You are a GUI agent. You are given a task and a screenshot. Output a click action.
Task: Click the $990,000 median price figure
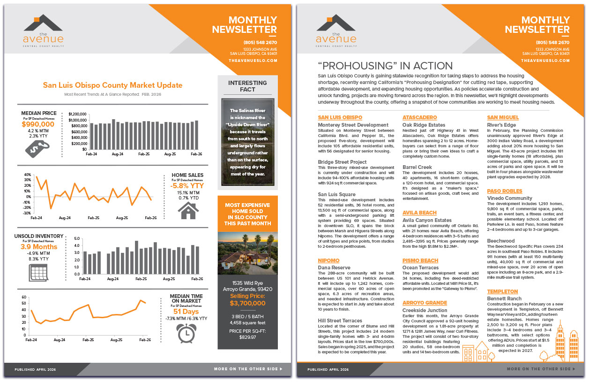pyautogui.click(x=38, y=124)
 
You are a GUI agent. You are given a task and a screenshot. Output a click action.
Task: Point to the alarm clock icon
pyautogui.click(x=186, y=333)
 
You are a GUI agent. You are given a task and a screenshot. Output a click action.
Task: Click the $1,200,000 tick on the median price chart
pyautogui.click(x=77, y=114)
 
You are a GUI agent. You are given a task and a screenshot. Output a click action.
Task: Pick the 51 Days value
pyautogui.click(x=186, y=312)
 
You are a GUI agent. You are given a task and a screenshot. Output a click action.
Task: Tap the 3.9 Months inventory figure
pyautogui.click(x=38, y=247)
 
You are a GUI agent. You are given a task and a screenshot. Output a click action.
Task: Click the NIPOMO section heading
pyautogui.click(x=328, y=260)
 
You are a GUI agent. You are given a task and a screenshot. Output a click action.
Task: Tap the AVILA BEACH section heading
pyautogui.click(x=419, y=213)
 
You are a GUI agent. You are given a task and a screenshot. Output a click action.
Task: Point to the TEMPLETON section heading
pyautogui.click(x=502, y=291)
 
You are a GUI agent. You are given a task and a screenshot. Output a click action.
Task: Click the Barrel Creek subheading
pyautogui.click(x=417, y=167)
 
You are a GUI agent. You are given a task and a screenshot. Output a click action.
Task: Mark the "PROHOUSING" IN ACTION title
pyautogui.click(x=385, y=66)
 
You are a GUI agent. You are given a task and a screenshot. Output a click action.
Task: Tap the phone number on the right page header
pyautogui.click(x=553, y=43)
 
